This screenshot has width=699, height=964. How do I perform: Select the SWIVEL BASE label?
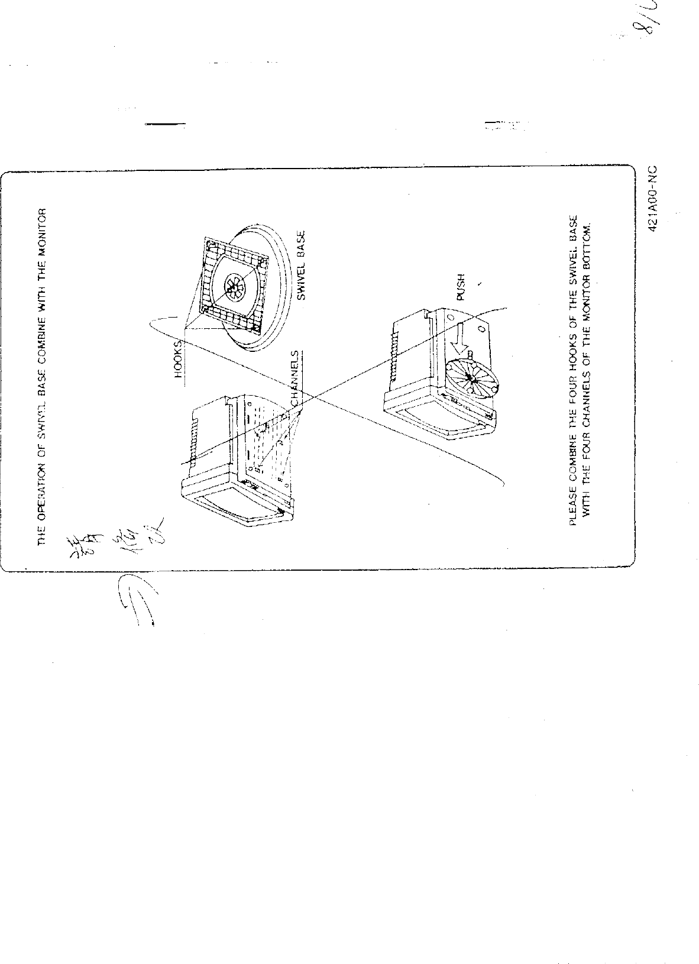[300, 266]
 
